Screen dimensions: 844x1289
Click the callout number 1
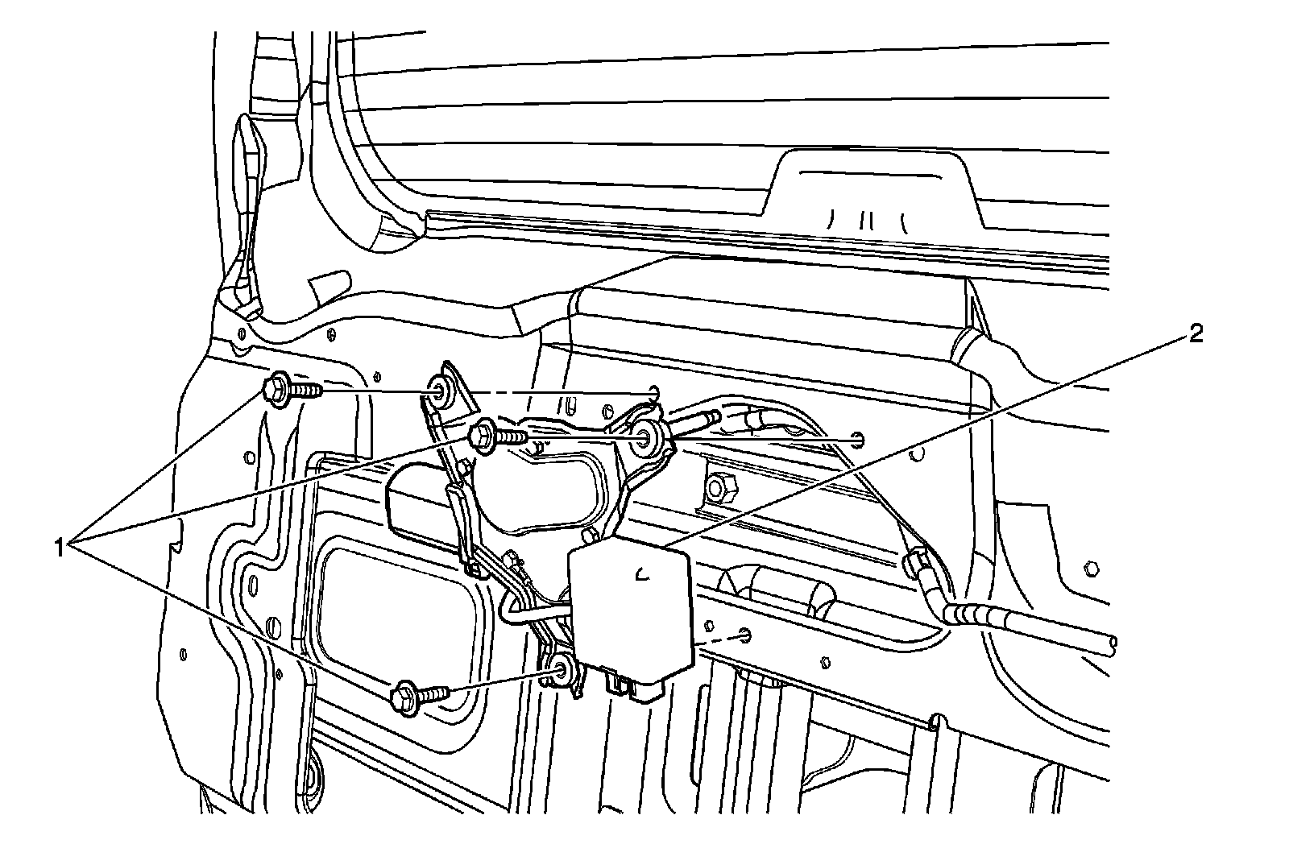click(59, 548)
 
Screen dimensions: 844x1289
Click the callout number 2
click(1197, 333)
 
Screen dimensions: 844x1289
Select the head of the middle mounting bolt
click(483, 436)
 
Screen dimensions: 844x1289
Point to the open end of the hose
click(1112, 642)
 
